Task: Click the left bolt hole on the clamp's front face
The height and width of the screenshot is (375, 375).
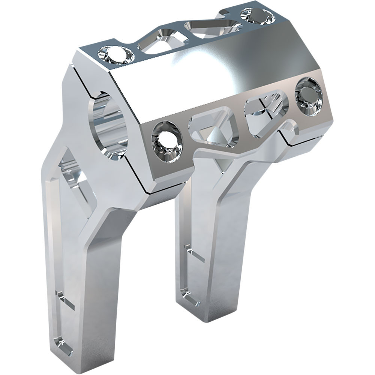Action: [x=167, y=140]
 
